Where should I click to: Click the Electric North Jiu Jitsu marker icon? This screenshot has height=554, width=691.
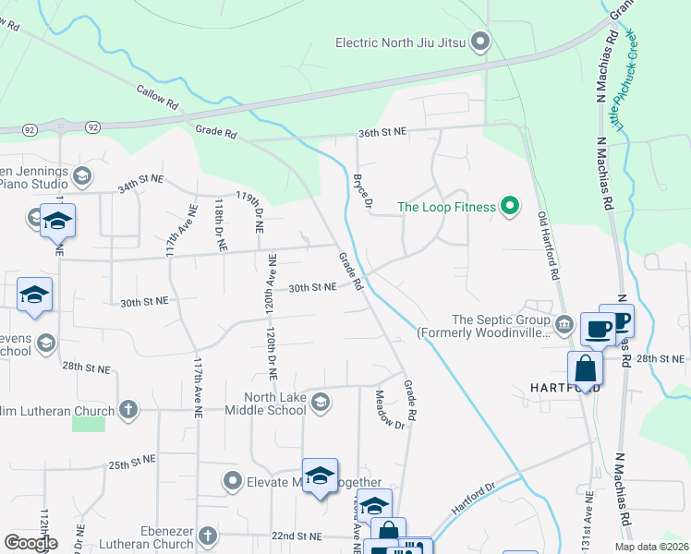(x=479, y=42)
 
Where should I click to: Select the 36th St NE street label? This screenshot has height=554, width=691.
(x=382, y=133)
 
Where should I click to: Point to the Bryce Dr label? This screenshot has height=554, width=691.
(x=362, y=189)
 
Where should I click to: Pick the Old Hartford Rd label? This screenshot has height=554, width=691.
(x=548, y=246)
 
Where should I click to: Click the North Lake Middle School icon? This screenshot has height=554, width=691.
(x=321, y=400)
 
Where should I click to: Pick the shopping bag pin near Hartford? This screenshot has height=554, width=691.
(x=586, y=367)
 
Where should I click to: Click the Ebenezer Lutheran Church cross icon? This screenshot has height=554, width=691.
(x=208, y=535)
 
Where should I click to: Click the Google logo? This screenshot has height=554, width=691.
(x=30, y=543)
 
